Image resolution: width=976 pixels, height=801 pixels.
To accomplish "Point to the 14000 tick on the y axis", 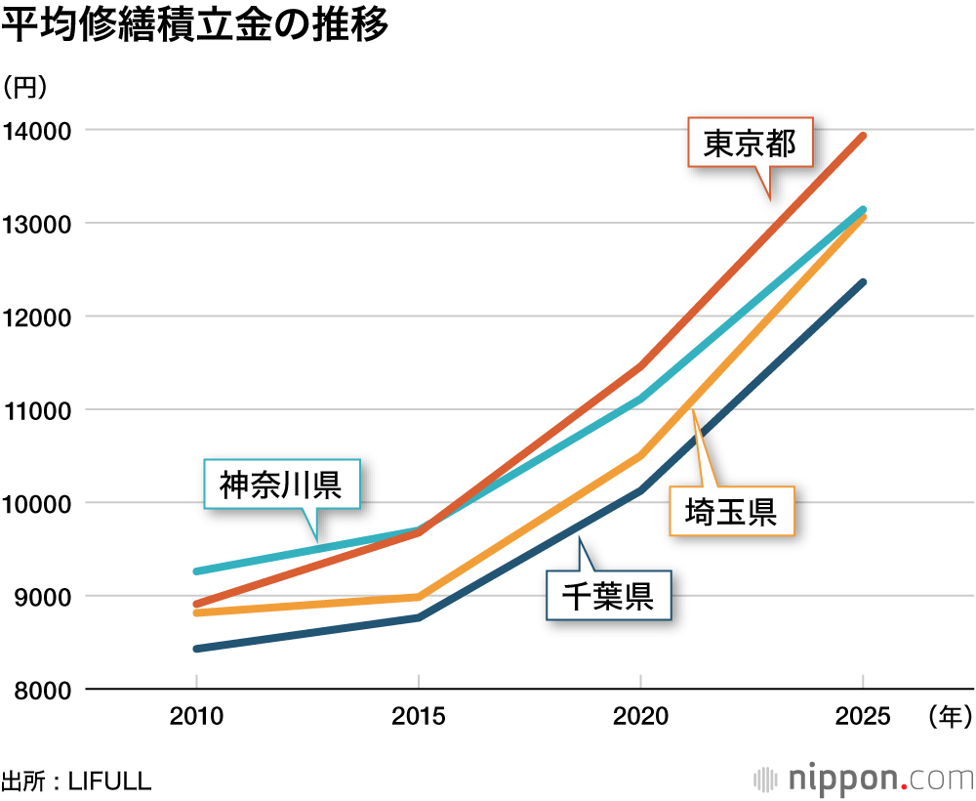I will (37, 130).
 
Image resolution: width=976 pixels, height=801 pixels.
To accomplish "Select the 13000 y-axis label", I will (37, 224).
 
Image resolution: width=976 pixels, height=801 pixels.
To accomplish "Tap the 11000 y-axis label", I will (37, 410).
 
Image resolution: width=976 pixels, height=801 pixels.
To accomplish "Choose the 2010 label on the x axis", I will (196, 717).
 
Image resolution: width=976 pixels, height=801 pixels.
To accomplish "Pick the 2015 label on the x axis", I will (419, 717).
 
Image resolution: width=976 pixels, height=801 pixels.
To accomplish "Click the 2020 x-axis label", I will (640, 717).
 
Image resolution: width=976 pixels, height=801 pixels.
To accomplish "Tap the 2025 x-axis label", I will (863, 717).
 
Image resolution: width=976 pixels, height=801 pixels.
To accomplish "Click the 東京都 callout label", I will (751, 144).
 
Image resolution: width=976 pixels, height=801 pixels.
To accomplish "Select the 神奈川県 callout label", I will (280, 485).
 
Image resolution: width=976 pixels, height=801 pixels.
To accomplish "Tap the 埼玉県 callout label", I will (730, 511).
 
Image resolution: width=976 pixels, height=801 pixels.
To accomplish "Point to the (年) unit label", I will (946, 717).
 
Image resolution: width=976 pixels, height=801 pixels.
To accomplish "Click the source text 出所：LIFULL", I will (76, 780).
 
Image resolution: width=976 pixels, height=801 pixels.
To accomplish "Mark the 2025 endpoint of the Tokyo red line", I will (863, 136).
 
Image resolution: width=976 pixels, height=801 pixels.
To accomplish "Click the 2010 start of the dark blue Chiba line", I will (196, 649).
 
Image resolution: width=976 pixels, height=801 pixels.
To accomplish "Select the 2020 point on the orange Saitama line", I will (640, 455).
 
